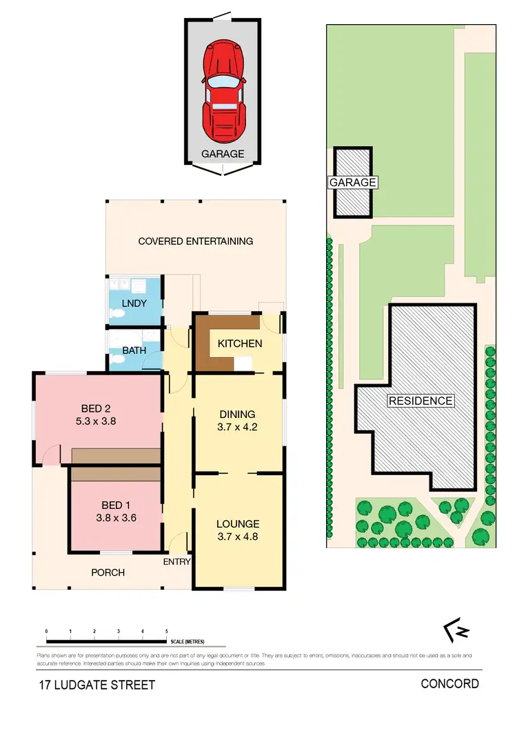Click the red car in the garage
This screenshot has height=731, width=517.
[x=223, y=90]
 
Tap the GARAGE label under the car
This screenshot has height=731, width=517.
[x=223, y=154]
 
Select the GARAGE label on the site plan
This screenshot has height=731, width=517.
[x=353, y=183]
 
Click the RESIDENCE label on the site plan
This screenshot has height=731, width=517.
[x=420, y=401]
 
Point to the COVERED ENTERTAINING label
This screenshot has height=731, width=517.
[x=196, y=241]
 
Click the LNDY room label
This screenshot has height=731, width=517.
[x=132, y=304]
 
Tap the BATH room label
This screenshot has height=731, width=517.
[x=134, y=350]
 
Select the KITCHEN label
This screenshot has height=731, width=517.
[x=240, y=343]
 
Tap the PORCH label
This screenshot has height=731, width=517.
[x=108, y=572]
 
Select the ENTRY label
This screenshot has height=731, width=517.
[x=176, y=562]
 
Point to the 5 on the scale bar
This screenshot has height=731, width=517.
[x=167, y=631]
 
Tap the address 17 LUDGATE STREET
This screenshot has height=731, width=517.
[x=97, y=685]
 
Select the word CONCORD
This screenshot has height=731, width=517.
[x=449, y=684]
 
